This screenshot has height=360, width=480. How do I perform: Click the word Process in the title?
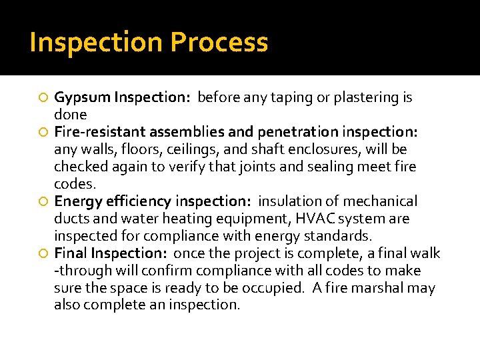coord(219,43)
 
